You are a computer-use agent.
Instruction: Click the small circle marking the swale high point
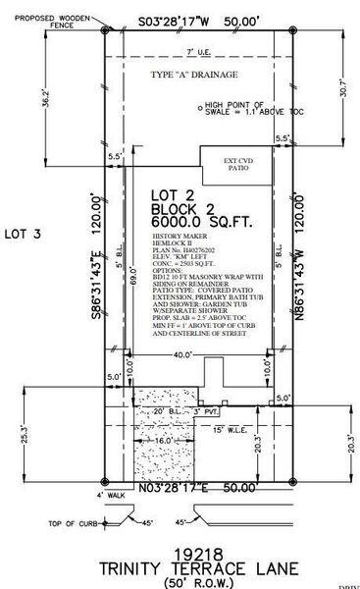point(202,105)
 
